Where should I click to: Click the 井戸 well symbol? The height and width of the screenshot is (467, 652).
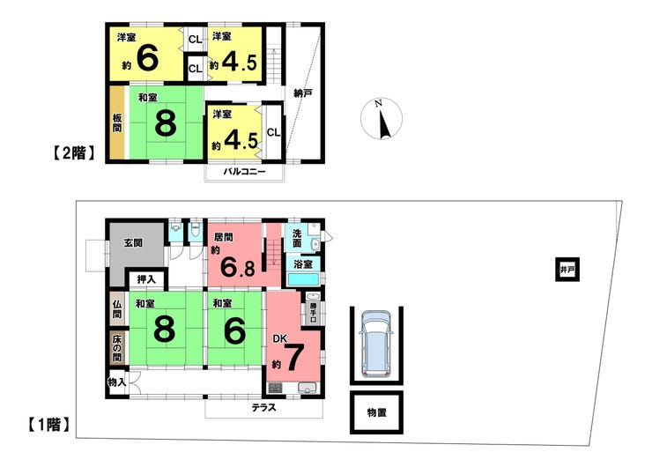567,270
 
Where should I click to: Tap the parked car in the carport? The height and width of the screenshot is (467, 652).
376,345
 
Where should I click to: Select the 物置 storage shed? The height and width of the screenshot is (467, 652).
376,412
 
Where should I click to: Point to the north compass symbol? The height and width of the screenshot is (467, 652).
382,119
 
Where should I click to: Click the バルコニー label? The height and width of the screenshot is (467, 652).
245,171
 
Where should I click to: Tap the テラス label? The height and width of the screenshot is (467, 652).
264,408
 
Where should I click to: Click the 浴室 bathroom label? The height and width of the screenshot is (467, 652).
303,264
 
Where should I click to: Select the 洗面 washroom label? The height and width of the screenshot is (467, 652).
297,238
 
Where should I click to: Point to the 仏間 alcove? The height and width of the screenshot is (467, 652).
117,309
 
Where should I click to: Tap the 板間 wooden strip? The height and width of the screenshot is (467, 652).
117,122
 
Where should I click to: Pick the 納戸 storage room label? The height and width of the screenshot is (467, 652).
303,93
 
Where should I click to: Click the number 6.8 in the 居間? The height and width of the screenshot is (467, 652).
238,267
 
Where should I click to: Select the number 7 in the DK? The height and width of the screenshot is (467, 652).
293,359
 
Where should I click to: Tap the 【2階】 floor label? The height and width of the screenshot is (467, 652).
74,153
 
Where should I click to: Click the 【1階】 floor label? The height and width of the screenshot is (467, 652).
49,425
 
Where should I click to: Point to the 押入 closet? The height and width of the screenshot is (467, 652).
146,279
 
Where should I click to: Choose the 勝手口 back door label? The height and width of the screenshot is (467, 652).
313,312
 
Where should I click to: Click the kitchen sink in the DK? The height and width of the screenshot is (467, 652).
307,388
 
